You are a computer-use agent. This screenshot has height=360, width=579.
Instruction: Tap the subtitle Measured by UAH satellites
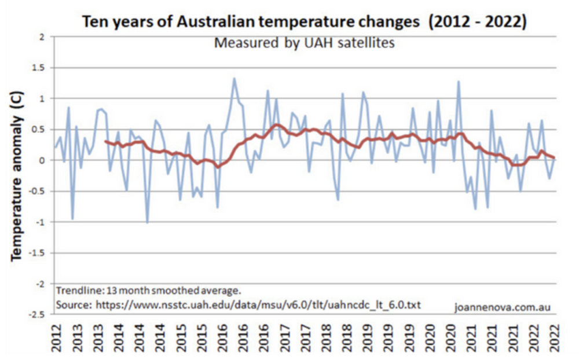pyautogui.click(x=305, y=43)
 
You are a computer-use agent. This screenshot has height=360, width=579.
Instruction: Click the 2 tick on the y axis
pyautogui.click(x=41, y=37)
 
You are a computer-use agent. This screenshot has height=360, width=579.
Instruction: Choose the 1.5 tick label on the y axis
pyautogui.click(x=38, y=68)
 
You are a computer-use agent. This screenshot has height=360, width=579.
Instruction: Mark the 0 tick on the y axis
pyautogui.click(x=41, y=160)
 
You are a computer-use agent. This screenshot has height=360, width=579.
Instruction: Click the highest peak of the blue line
pyautogui.click(x=234, y=78)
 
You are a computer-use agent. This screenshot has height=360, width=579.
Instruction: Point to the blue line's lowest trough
pyautogui.click(x=148, y=222)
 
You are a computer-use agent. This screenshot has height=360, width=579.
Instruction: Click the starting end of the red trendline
pyautogui.click(x=105, y=141)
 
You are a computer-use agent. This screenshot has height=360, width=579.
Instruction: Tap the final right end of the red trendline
pyautogui.click(x=554, y=158)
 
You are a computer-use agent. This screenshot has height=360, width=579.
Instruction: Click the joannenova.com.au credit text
pyautogui.click(x=503, y=306)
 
